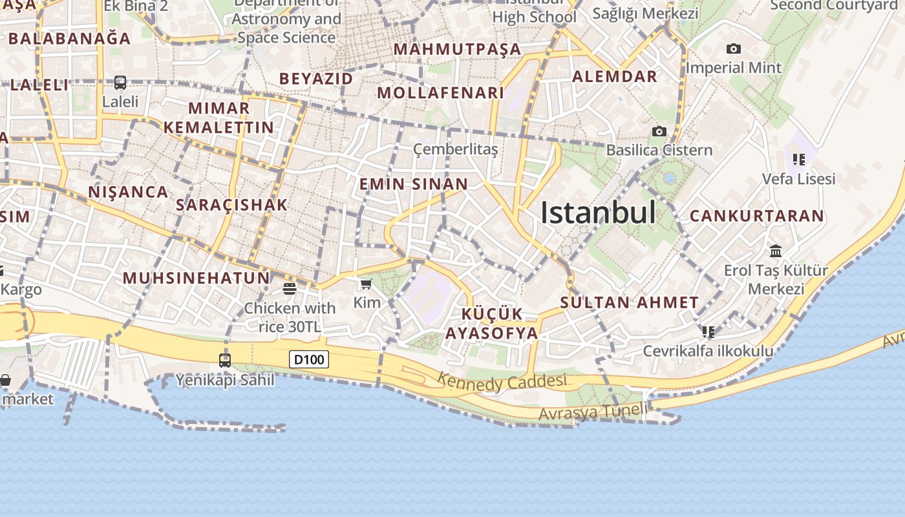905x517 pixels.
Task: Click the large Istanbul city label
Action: coord(598,213)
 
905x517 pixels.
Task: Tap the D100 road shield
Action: coord(309,359)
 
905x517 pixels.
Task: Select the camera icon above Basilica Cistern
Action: coord(659,132)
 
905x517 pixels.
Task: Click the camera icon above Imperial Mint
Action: coord(733,49)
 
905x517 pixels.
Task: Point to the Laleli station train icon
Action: coord(120,83)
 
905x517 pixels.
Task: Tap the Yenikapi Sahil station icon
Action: coord(225,361)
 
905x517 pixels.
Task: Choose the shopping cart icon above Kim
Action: coord(367,284)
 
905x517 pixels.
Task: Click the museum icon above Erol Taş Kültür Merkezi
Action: coord(776,251)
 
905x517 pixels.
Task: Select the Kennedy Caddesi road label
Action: coord(502,381)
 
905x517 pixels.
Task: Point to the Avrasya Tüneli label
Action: coord(593,412)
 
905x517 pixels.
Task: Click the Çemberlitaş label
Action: coord(456,150)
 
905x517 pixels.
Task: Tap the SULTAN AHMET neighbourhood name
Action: coord(630,302)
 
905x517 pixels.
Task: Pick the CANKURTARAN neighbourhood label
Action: coord(757,216)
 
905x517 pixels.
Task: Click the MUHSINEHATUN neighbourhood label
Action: coord(196,279)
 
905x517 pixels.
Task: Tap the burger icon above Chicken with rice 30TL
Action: coord(290,288)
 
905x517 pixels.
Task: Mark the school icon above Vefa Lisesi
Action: coord(799,159)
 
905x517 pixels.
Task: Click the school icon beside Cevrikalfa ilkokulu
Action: coord(708,332)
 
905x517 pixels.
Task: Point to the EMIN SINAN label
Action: coord(414,184)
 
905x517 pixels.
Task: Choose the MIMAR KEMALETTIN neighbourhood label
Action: coord(219,118)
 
